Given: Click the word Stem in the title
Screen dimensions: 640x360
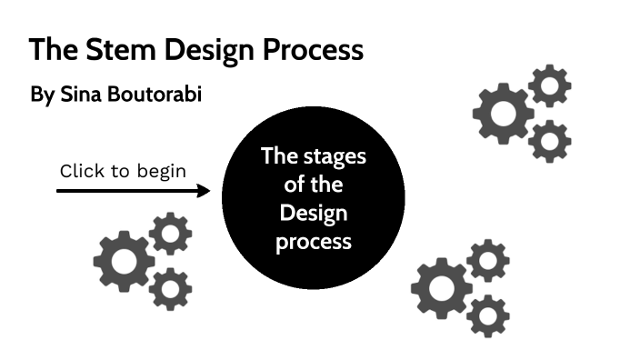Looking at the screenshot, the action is click(103, 50).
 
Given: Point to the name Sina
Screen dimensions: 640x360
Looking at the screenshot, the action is click(80, 95).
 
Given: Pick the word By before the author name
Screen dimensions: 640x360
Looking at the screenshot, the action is click(42, 95).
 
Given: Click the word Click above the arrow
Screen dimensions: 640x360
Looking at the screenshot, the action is click(83, 170).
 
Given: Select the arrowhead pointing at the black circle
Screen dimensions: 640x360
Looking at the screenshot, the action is click(204, 191).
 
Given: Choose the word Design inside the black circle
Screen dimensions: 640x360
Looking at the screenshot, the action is click(314, 214).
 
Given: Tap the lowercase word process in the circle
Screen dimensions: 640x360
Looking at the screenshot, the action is click(314, 243).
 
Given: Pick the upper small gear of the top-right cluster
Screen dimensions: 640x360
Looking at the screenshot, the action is click(549, 86).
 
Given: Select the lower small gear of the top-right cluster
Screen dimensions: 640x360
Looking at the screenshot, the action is click(548, 141).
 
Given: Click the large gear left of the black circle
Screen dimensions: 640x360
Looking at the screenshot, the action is click(124, 261).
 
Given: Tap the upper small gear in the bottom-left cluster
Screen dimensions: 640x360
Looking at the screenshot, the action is click(170, 234).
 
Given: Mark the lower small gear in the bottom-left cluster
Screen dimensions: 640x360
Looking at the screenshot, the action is click(170, 289).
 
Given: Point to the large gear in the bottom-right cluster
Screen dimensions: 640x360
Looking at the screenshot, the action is click(441, 288).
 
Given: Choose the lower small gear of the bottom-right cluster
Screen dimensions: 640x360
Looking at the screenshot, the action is click(487, 315).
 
